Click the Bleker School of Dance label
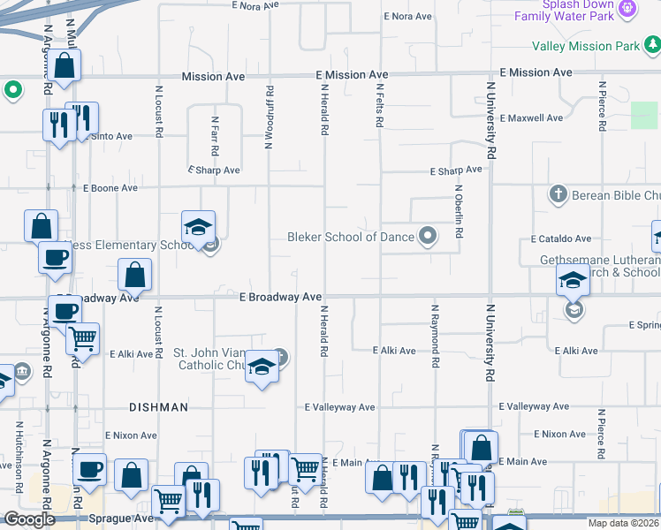[351, 237]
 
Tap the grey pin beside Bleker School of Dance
[428, 236]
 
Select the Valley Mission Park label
[585, 46]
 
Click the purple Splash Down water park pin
[627, 9]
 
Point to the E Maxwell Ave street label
[530, 117]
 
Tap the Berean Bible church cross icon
[557, 193]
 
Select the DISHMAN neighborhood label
[158, 407]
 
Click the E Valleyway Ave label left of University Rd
[340, 407]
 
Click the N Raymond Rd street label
[435, 336]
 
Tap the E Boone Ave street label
[110, 188]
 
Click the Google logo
[30, 519]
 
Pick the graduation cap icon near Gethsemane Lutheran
[573, 281]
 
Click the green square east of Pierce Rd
[644, 116]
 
